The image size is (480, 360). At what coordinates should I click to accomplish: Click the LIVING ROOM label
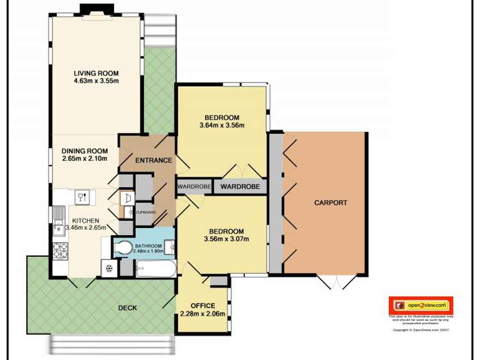pos(96,72)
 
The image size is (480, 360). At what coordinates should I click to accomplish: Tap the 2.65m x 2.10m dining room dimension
pos(84,158)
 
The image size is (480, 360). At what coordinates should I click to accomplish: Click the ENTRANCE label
pos(154,160)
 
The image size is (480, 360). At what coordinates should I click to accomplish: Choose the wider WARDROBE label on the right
pos(240,186)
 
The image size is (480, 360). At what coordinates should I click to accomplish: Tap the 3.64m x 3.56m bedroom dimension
pos(222,126)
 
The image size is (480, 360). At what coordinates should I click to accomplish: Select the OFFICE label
pos(203,306)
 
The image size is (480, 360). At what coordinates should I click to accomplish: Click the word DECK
pos(128,308)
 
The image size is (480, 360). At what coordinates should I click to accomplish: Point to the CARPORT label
pos(330,202)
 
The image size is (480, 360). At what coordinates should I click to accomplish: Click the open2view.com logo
pos(420,306)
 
